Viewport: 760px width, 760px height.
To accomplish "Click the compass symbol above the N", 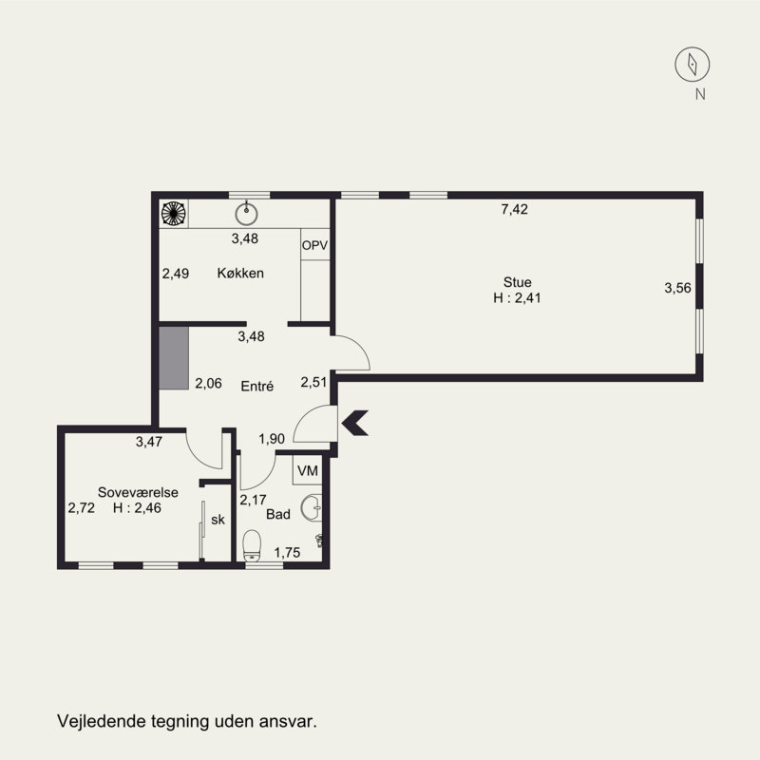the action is (x=693, y=64).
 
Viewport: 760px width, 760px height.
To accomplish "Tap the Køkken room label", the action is (x=240, y=273).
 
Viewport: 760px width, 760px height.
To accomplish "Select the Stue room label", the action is (x=517, y=282).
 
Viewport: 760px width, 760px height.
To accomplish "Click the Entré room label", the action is (x=256, y=386).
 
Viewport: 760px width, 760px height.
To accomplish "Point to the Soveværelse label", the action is (x=138, y=492).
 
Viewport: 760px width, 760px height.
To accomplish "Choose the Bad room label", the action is (x=278, y=514).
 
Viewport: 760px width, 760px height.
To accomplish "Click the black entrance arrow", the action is (x=355, y=423).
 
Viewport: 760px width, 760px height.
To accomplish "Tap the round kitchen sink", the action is (x=246, y=214).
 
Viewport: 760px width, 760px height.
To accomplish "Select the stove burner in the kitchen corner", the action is (x=174, y=213).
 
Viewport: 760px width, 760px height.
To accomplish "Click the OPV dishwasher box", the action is (x=315, y=244).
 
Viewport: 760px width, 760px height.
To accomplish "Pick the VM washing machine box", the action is (x=307, y=470).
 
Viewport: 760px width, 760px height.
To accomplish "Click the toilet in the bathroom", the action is (x=252, y=545).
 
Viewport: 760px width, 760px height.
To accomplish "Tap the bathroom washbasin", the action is (x=312, y=508).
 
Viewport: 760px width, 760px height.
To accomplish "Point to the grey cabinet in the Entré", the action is (x=174, y=358).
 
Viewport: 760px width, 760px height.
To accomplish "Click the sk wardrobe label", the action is (x=218, y=520).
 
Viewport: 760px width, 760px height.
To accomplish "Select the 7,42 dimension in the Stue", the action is (x=514, y=209).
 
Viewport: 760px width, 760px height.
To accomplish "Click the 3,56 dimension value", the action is (x=677, y=288).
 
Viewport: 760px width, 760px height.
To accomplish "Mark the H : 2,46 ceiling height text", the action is (x=137, y=507).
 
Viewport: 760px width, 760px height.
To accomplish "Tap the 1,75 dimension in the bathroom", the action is (x=287, y=552).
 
